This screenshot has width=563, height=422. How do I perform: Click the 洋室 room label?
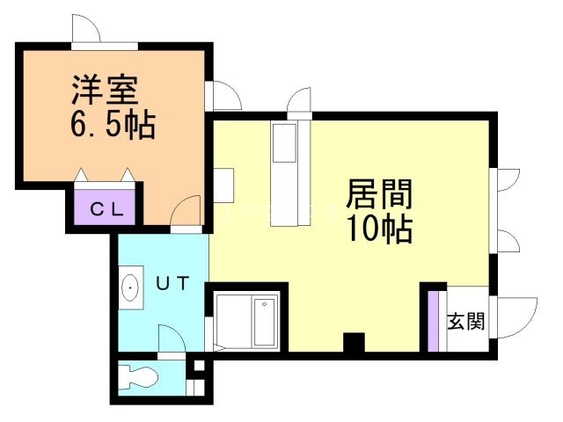(105, 90)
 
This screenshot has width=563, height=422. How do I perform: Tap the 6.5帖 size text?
(113, 125)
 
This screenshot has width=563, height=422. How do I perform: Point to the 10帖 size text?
(379, 229)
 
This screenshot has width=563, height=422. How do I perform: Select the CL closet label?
(107, 209)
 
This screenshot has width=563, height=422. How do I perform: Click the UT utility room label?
(172, 283)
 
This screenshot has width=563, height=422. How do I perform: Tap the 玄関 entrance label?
(465, 321)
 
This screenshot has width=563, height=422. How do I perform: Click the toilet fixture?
(138, 376)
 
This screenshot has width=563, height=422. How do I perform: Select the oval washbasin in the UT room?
(130, 287)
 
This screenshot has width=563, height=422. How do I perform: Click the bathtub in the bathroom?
(265, 322)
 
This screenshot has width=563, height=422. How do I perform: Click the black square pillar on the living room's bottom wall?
(354, 342)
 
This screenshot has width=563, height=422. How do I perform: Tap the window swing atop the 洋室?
(86, 28)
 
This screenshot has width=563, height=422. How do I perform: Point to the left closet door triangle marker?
(82, 175)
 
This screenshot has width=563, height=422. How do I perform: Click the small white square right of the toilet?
(199, 366)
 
